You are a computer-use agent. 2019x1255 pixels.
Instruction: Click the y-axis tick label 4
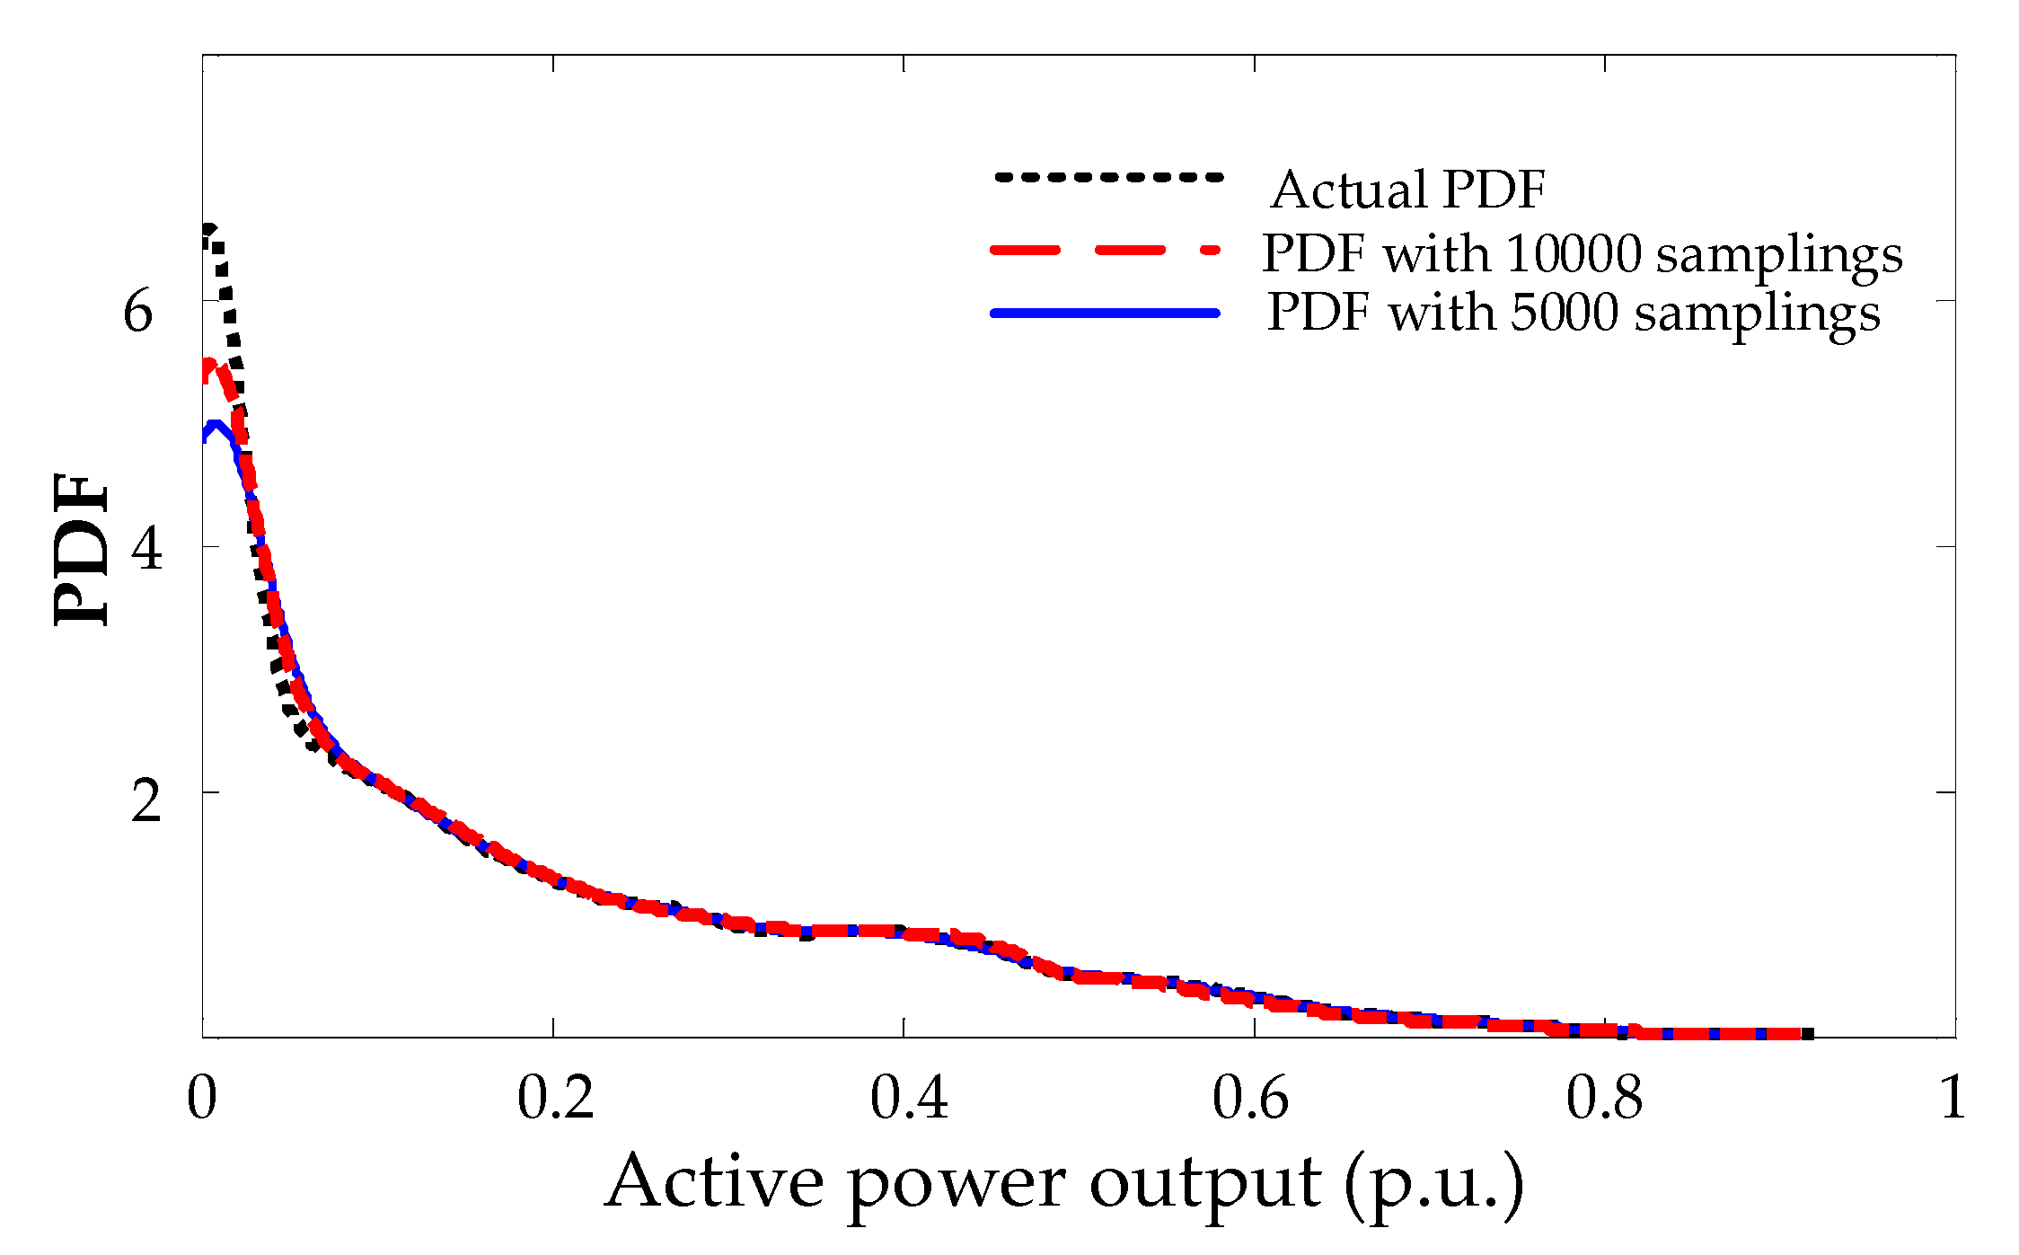pyautogui.click(x=146, y=549)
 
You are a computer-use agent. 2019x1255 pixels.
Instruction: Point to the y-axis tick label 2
pyautogui.click(x=145, y=800)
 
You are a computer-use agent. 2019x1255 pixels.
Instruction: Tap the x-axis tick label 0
pyautogui.click(x=201, y=1098)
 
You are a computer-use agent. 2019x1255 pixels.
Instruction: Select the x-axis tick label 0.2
pyautogui.click(x=555, y=1098)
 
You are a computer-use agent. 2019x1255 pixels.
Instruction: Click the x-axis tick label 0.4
pyautogui.click(x=908, y=1098)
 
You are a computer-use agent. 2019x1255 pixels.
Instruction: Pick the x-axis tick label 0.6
pyautogui.click(x=1250, y=1098)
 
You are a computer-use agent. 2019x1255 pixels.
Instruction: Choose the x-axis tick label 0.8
pyautogui.click(x=1604, y=1098)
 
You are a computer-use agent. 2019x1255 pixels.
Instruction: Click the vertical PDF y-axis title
pyautogui.click(x=81, y=549)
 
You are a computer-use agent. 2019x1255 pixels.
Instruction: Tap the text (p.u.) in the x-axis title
pyautogui.click(x=1434, y=1184)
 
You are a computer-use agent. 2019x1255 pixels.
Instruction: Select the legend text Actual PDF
pyautogui.click(x=1407, y=190)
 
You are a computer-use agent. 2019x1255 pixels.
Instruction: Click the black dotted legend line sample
pyautogui.click(x=1108, y=177)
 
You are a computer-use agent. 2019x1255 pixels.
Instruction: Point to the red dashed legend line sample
pyautogui.click(x=1106, y=250)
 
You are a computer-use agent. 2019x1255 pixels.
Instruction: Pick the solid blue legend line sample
pyautogui.click(x=1106, y=313)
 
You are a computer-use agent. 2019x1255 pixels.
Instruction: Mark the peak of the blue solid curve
pyautogui.click(x=214, y=425)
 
